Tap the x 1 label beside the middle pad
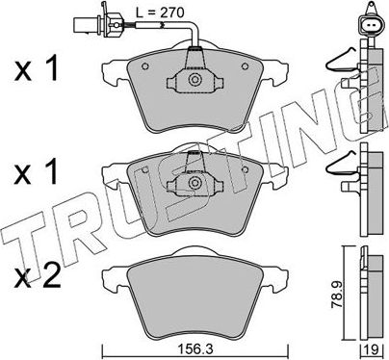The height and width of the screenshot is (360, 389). pyautogui.click(x=38, y=175)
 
